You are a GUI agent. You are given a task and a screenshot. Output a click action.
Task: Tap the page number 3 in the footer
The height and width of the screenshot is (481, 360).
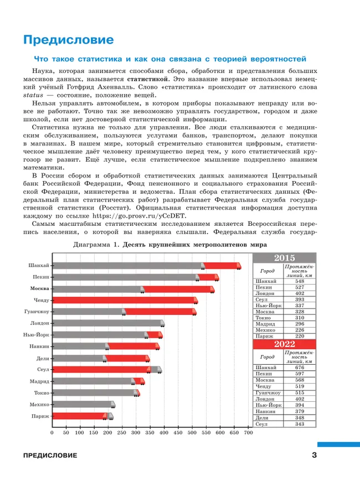314,456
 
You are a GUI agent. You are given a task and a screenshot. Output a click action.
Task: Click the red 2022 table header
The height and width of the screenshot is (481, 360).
284,345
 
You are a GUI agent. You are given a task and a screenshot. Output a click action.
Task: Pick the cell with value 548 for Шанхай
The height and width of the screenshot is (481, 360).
300,281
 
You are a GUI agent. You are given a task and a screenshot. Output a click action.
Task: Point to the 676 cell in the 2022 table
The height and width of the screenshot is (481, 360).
300,368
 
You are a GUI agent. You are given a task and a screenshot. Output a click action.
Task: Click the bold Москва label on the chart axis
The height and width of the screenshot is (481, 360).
39,289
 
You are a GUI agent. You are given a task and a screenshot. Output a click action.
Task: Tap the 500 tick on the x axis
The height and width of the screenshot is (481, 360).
192,433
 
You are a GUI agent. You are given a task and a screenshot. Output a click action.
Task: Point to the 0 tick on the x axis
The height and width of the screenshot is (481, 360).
52,433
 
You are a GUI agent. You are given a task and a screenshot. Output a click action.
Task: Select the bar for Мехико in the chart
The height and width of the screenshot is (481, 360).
83,405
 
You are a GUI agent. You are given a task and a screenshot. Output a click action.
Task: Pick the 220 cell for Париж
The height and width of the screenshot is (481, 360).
300,336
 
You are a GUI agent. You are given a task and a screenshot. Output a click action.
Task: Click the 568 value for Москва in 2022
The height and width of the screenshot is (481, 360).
300,380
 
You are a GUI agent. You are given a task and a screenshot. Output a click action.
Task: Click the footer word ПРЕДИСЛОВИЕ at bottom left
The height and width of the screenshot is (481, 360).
47,456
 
